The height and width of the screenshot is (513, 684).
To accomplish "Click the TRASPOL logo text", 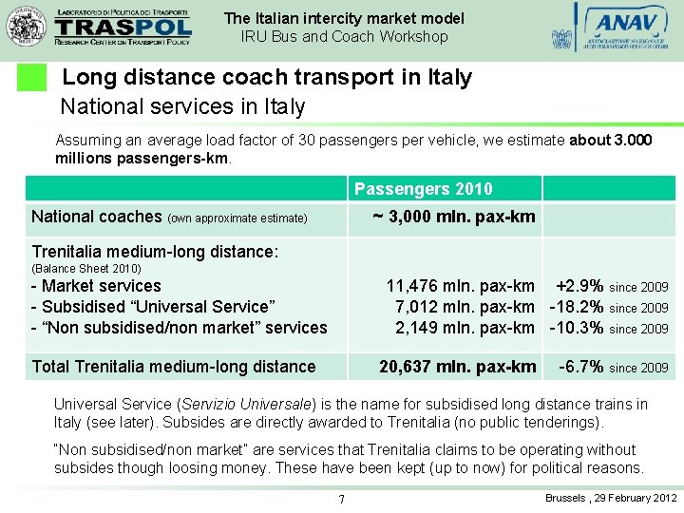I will pos(123,26).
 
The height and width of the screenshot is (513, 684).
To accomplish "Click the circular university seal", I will pos(27,26).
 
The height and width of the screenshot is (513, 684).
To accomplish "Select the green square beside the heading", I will pos(32,78).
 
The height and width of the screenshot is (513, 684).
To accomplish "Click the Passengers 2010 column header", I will pos(424,189).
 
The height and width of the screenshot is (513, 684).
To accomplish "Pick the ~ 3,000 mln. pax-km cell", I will pos(454,217).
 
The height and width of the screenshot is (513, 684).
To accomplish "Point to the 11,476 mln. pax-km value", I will pos(460,286).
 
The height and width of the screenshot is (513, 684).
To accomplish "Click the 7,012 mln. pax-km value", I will pos(465,307).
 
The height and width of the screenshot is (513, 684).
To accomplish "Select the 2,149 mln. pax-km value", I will pos(465,328).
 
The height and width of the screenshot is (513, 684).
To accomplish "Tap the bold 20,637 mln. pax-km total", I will pos(458,367).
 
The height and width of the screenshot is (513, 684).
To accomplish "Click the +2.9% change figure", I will pos(579,286).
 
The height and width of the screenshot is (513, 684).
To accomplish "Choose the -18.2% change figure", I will pos(577,307).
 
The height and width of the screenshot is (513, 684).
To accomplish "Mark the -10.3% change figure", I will pos(577,328).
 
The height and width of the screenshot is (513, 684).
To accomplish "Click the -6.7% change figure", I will pos(581,367).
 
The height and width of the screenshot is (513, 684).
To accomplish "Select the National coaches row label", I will pos(97,217).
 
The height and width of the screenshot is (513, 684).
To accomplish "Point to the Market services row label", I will pos(97,286).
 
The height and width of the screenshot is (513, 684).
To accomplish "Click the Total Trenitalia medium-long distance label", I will pos(174,367).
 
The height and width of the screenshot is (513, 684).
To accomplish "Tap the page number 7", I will pos(341,500).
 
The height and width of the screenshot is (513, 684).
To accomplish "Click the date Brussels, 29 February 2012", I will pos(611,498).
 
